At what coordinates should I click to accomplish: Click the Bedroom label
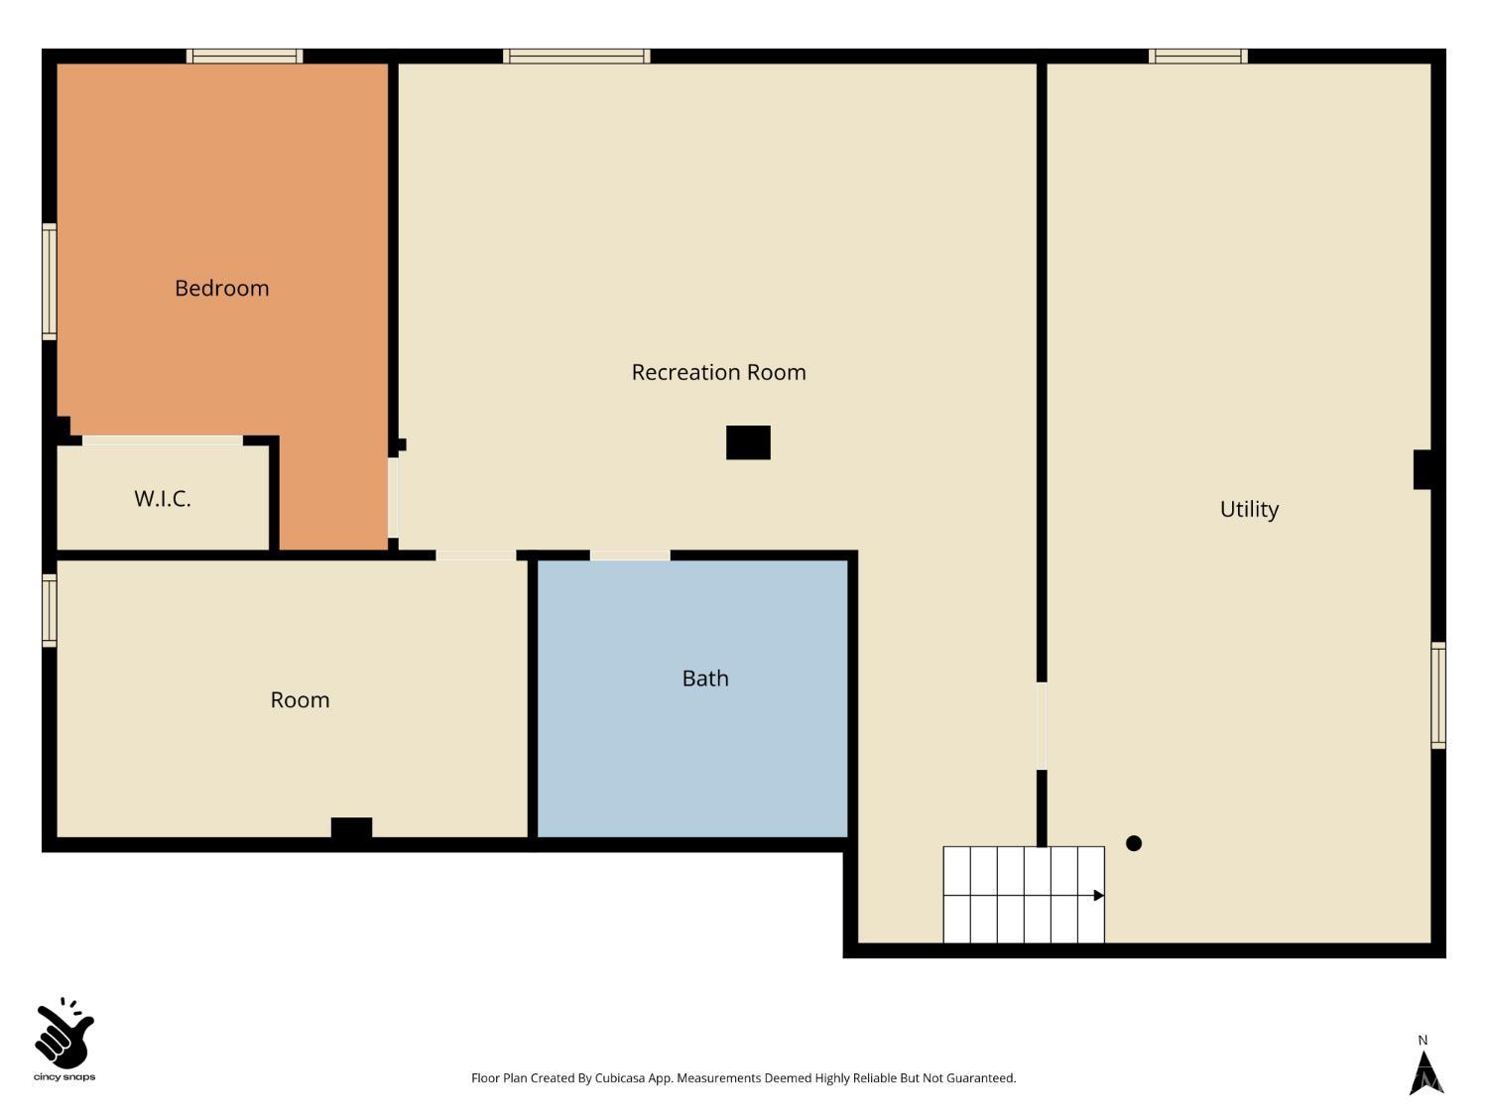tap(221, 288)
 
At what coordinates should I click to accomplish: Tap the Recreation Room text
tap(718, 372)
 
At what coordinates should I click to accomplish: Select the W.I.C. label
tap(163, 499)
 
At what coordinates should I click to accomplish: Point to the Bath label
tap(705, 679)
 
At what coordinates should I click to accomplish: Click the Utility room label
tap(1249, 509)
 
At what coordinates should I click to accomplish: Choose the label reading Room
tap(300, 700)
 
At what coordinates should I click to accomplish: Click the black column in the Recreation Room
tap(748, 442)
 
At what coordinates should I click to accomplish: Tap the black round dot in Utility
tap(1134, 843)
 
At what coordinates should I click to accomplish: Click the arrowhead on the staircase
tap(1099, 896)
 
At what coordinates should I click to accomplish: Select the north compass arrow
tap(1426, 1072)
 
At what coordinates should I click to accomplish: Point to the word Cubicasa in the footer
tap(620, 1078)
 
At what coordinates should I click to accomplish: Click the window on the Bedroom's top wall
tap(245, 57)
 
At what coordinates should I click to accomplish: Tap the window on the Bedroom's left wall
tap(50, 282)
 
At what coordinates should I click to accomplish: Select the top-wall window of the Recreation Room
tap(576, 57)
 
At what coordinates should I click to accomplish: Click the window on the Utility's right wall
tap(1438, 695)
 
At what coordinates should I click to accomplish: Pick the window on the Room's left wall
tap(50, 610)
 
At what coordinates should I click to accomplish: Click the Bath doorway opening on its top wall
tap(630, 556)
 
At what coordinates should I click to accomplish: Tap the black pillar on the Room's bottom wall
tap(351, 829)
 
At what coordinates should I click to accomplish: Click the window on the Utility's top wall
tap(1198, 57)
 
